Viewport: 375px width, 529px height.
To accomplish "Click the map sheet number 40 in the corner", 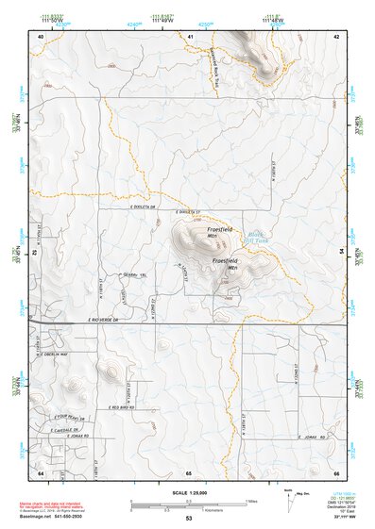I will tap(41, 35).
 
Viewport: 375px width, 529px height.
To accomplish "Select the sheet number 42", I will tap(337, 35).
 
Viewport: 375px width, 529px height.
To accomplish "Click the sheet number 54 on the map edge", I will tap(342, 252).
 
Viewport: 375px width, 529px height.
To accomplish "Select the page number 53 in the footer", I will tap(189, 519).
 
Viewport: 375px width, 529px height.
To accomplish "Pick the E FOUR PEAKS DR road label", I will tap(70, 417).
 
